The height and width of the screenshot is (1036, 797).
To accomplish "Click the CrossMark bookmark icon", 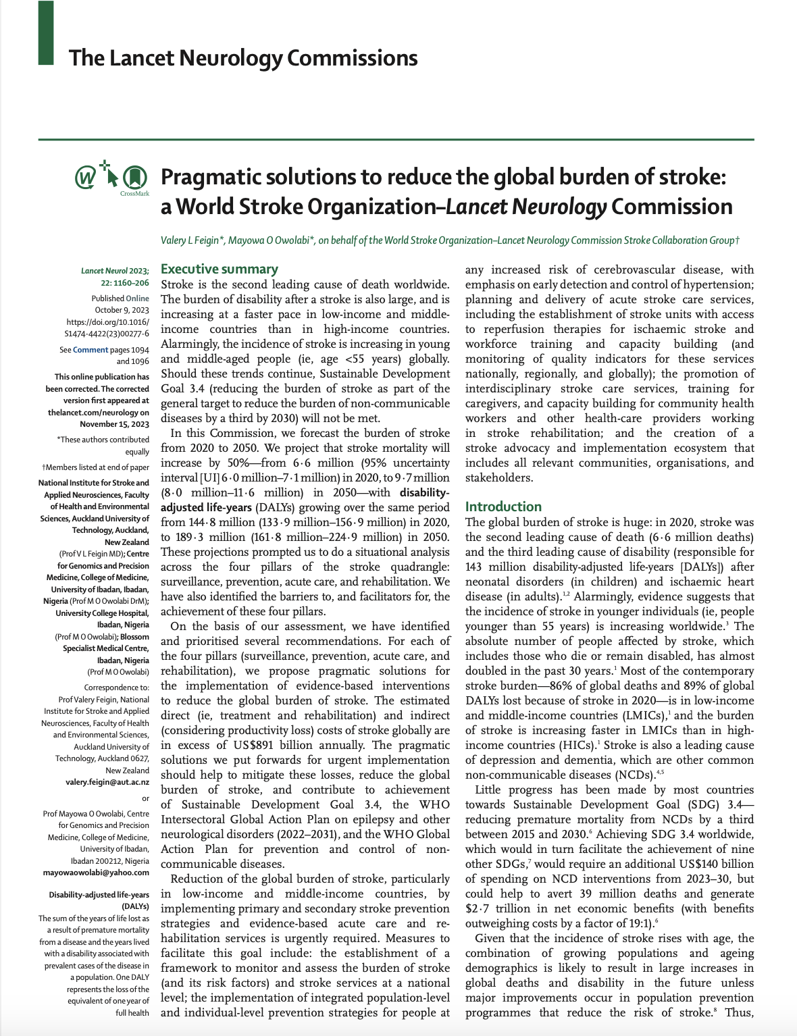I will [135, 178].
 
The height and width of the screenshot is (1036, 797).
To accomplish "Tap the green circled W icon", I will [85, 178].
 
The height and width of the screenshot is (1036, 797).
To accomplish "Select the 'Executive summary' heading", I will [220, 269].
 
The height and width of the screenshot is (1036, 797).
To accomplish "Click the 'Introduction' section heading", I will [503, 507].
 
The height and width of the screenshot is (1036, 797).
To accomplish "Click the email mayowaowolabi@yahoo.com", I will [96, 873].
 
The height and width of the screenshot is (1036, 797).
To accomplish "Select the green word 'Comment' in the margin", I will [91, 350].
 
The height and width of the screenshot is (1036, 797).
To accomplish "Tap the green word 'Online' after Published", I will [138, 298].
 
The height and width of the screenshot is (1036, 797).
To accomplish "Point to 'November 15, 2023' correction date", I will [114, 424].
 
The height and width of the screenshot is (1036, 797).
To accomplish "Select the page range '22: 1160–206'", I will [125, 283].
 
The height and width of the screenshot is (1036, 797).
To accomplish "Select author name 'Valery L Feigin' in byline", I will [190, 240].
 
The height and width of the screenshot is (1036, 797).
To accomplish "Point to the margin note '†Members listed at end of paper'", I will [95, 467].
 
